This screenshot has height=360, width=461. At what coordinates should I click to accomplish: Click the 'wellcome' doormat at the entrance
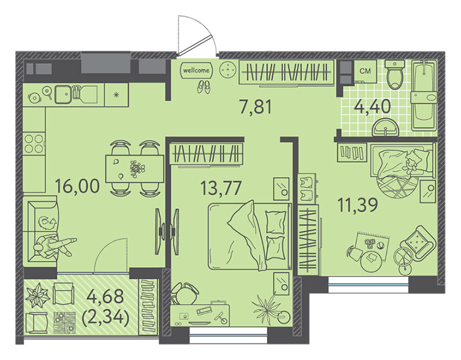(196, 70)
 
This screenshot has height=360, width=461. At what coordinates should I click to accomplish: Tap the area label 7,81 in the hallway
(256, 107)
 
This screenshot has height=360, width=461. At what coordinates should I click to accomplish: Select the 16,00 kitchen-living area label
(77, 186)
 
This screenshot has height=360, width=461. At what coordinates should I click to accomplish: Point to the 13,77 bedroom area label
(221, 188)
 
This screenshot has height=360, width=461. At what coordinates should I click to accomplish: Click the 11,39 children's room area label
(357, 205)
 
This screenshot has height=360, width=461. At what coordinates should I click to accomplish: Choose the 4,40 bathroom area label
(372, 106)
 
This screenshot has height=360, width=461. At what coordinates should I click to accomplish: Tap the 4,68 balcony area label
(105, 296)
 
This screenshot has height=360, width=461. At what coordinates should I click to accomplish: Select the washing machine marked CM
(365, 71)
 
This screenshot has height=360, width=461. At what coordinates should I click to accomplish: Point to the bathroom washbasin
(385, 128)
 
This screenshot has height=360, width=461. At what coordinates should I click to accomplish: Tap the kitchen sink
(63, 94)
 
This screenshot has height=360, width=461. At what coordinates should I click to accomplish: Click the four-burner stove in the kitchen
(34, 143)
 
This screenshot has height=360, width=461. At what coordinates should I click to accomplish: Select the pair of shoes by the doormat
(204, 87)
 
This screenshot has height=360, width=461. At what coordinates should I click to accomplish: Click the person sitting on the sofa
(52, 246)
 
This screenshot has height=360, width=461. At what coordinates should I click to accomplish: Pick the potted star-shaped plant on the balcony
(37, 295)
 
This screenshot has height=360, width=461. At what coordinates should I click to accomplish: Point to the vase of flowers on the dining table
(136, 169)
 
